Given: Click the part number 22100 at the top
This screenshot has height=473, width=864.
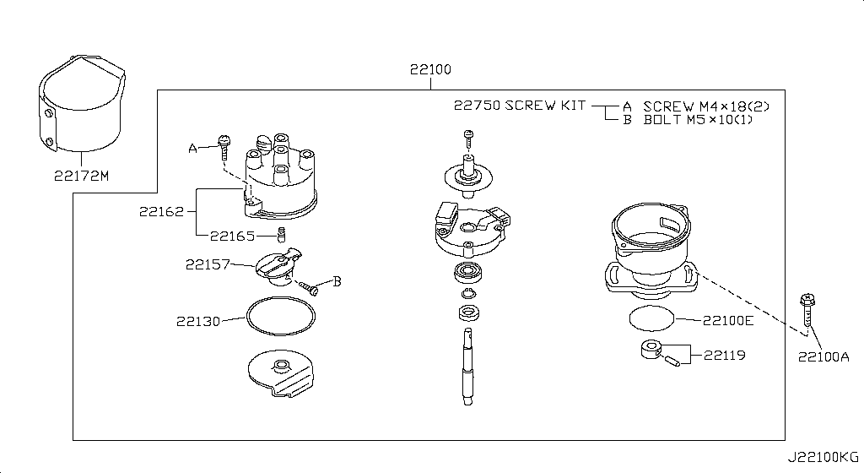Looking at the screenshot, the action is [430, 69].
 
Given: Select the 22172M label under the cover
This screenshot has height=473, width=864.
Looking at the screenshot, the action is [82, 176].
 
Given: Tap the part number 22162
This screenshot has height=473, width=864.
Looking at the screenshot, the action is [161, 211].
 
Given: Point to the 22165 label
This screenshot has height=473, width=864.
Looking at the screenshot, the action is [233, 236].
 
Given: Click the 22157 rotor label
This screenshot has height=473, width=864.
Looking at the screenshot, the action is [208, 264].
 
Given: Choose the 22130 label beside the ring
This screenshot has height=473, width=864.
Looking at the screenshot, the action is [198, 321].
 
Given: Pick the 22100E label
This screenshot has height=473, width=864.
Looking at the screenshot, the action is [728, 320].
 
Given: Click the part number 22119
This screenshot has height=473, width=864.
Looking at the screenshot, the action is [725, 355].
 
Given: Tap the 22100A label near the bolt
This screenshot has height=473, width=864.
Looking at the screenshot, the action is [823, 357].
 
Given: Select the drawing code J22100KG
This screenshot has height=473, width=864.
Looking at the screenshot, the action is [823, 457].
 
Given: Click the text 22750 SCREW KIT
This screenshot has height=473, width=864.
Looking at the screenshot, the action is [520, 106].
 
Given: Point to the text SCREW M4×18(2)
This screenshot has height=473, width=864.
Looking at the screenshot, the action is [706, 106].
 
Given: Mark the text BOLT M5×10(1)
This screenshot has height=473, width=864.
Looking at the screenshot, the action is [698, 120].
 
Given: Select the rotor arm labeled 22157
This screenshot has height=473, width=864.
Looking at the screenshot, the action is [279, 266].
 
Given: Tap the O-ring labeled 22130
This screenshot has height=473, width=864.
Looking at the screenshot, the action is [281, 316].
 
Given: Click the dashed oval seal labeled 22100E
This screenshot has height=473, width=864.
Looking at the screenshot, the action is [652, 318].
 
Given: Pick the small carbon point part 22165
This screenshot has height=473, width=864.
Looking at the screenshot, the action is [281, 235].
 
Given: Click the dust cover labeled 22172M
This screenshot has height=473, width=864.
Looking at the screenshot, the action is [82, 103].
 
